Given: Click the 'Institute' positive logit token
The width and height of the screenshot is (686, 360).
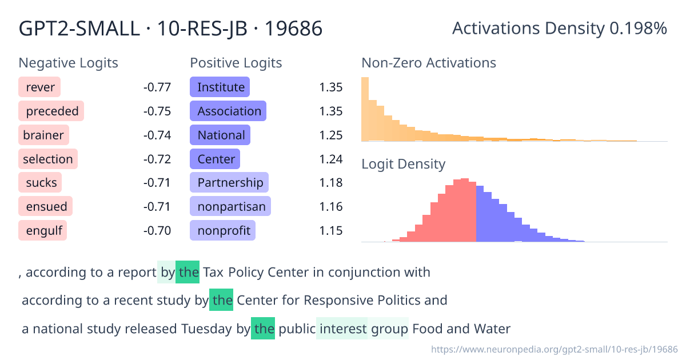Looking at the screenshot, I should pos(220,87).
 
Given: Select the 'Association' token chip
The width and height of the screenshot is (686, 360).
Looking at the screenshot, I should pos(229,111).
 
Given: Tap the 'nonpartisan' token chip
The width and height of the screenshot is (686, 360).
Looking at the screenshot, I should pos(230,206).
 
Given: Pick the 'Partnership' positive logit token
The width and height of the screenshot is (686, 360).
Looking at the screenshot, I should pos(229,183).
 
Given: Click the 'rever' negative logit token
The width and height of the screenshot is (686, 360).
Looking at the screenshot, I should pos(40,87).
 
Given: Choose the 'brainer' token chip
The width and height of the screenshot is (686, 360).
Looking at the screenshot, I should pos(44,135).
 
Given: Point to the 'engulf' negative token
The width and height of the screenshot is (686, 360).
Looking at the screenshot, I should pos(43,231).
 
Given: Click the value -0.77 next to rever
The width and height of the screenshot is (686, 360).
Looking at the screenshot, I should pos(157,87).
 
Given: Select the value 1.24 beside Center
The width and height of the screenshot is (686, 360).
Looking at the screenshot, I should pos(330,159).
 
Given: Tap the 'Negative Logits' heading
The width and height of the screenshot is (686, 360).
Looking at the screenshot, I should pos(69,63).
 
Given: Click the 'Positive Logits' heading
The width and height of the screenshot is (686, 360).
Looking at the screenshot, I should pos(236,63).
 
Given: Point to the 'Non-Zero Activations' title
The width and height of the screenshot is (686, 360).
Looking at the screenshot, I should pos(429,63).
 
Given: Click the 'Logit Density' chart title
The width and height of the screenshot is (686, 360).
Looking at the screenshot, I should pos(403,165).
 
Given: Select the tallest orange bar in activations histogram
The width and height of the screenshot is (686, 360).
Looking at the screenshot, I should pos(365,109).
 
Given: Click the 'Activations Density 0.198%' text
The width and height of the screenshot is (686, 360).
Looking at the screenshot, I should pos(559,29).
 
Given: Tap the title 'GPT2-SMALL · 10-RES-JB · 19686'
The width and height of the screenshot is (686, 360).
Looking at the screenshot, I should pos(171,29).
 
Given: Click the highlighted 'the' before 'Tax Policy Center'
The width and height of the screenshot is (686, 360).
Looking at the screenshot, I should pos(188,273).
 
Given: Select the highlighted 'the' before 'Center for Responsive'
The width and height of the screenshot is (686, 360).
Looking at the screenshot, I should pos(221,301).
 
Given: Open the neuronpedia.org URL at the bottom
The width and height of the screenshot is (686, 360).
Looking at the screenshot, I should pos(554,349).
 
